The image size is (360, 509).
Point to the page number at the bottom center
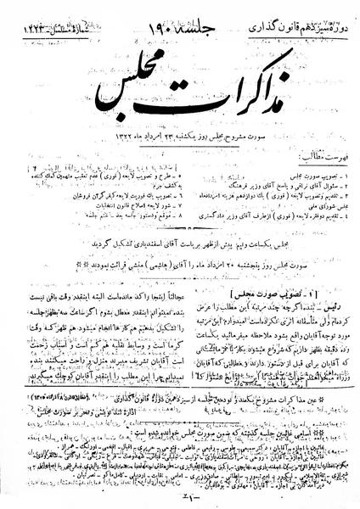180,500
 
